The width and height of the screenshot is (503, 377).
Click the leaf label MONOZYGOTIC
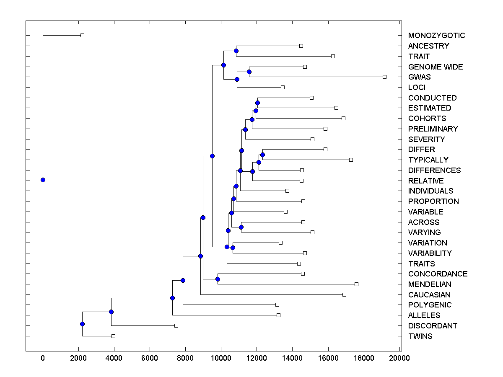436,36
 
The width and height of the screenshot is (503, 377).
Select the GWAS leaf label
419,77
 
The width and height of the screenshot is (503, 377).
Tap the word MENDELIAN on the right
430,284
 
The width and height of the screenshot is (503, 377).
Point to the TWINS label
420,336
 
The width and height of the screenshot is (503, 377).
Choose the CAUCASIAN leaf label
429,295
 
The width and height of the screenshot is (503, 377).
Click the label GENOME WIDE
436,67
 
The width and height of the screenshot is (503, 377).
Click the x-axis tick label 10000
221,358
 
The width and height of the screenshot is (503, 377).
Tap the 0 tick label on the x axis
43,358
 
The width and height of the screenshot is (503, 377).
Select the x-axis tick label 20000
399,358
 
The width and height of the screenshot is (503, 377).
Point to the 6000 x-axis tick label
150,358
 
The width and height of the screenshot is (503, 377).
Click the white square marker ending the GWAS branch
384,77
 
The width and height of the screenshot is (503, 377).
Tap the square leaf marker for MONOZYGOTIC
82,35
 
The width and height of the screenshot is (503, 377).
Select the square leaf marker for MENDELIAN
356,284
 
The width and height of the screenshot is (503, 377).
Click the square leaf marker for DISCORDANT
176,325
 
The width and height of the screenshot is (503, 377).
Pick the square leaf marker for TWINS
113,336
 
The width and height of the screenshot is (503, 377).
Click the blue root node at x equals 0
43,180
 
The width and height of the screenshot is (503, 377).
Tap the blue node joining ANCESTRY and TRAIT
236,51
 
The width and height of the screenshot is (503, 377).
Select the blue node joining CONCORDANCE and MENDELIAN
218,279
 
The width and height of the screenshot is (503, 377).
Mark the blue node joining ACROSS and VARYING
241,227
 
